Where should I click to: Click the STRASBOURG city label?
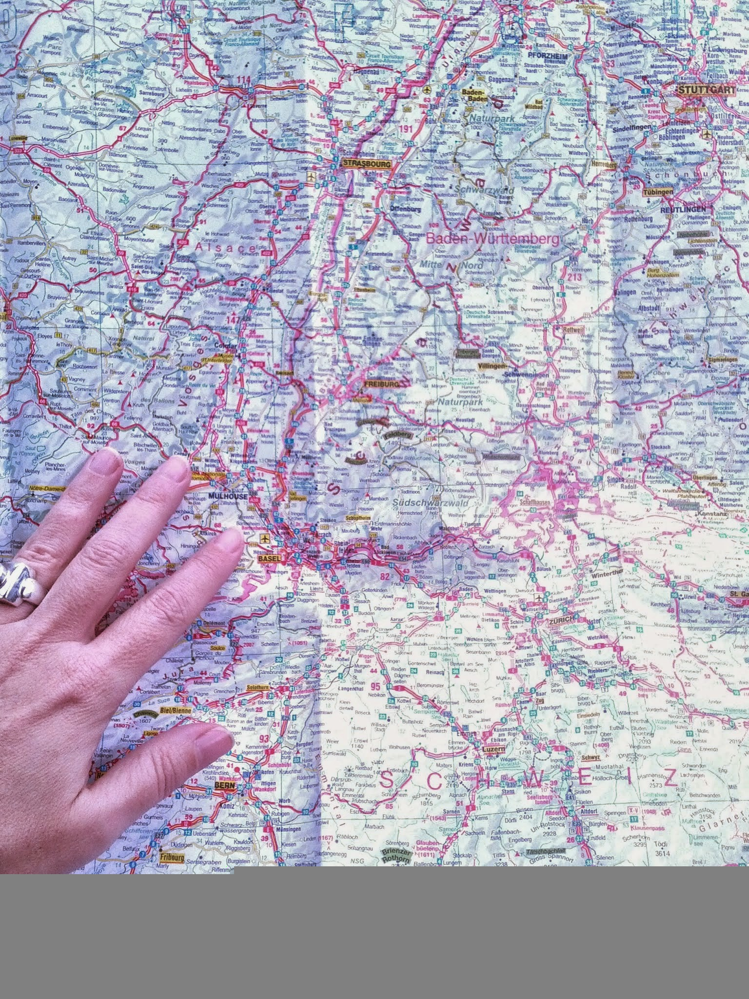pyautogui.click(x=367, y=164)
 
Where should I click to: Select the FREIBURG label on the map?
pyautogui.click(x=382, y=384)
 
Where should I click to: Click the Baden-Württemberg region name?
pyautogui.click(x=493, y=240)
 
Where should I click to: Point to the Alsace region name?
pyautogui.click(x=225, y=248)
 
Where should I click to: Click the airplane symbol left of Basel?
pyautogui.click(x=265, y=539)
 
